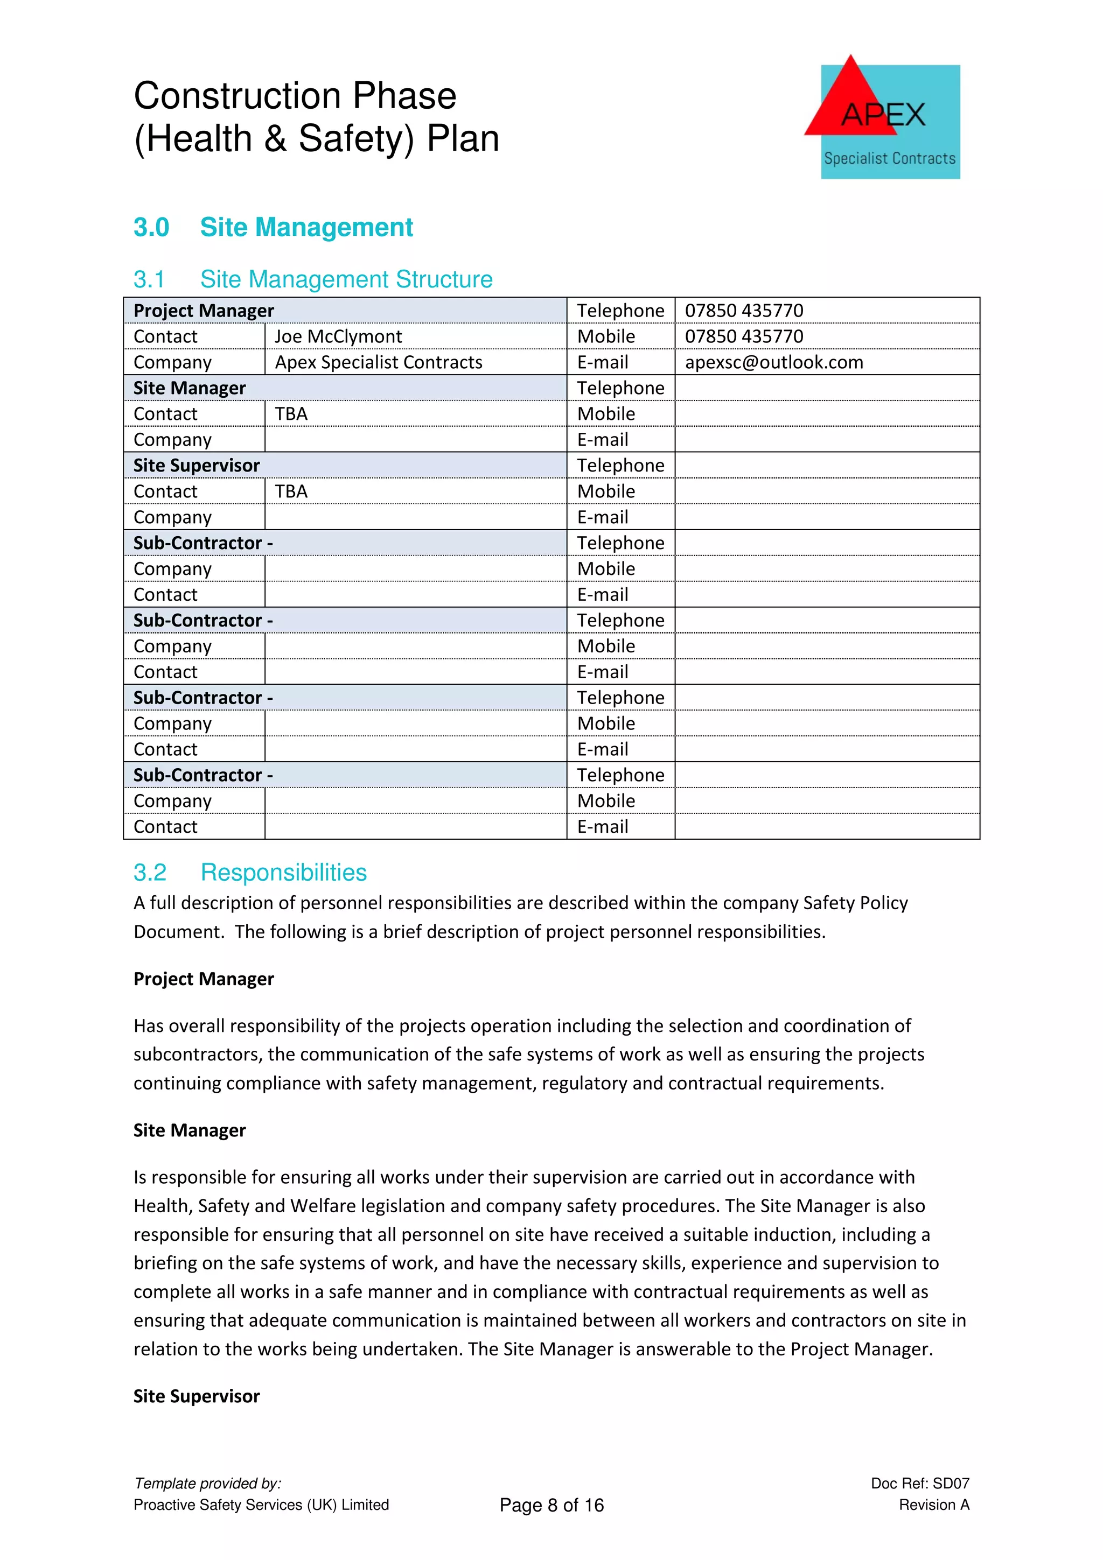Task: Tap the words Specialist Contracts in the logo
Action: point(889,158)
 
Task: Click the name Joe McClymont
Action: point(338,336)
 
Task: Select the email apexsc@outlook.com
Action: point(773,362)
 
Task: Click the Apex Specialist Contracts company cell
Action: point(378,362)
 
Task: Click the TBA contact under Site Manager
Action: point(291,414)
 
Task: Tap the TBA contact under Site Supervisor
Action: point(291,491)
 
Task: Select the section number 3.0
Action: point(151,227)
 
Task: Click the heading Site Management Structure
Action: point(346,279)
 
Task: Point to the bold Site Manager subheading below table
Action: point(190,1130)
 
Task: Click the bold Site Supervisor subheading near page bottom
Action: point(197,1396)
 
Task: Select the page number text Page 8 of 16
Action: point(551,1505)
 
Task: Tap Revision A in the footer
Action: point(933,1505)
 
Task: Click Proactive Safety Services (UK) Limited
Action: point(261,1505)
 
